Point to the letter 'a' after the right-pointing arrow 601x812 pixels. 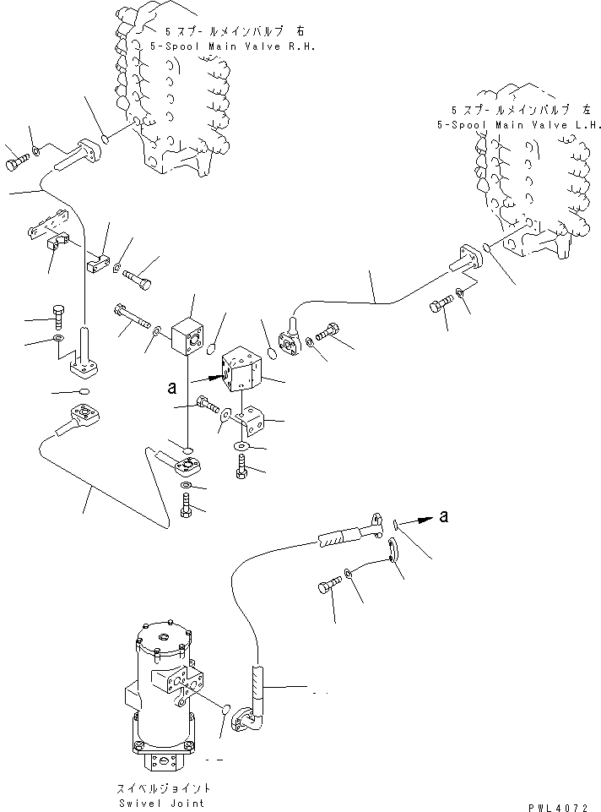(444, 517)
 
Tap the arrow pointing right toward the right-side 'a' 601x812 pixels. (418, 521)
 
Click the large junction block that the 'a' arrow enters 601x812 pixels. (242, 372)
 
